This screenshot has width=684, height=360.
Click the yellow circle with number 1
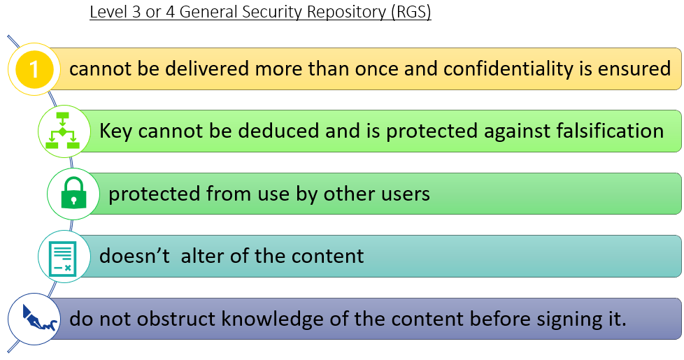34,69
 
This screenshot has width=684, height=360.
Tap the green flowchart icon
63,131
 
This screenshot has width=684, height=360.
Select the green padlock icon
73,193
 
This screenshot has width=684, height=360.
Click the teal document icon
63,257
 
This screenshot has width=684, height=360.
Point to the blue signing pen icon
38,318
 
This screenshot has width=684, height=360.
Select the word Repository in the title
347,12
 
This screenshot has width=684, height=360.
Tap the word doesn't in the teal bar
134,255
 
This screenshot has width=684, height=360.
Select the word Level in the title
108,12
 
